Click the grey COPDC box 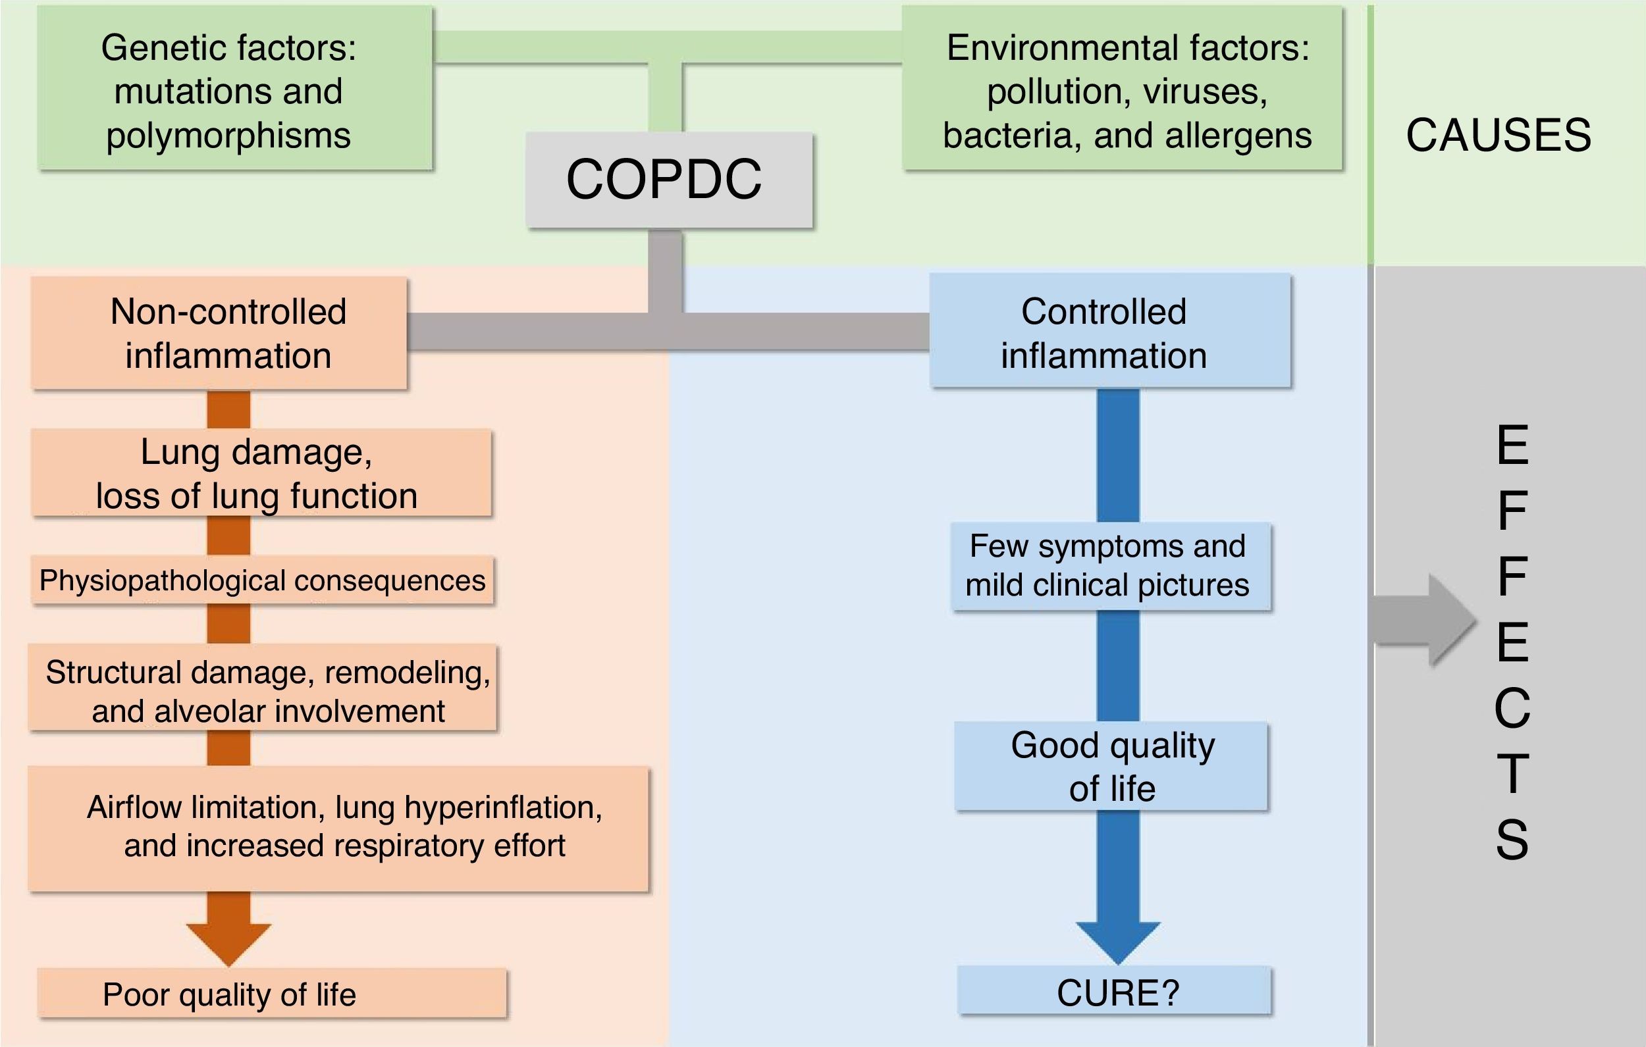tap(668, 180)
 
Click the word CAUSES tap(1499, 136)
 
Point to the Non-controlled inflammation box tap(219, 333)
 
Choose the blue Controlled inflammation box tap(1109, 331)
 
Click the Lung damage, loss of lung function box tap(261, 473)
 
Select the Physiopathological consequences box tap(262, 580)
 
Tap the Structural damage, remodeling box tap(262, 688)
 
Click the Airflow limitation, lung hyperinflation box tap(338, 829)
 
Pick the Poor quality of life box tap(271, 994)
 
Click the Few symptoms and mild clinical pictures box tap(1111, 566)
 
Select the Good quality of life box tap(1111, 766)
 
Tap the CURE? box tap(1114, 991)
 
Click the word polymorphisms tap(228, 136)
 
